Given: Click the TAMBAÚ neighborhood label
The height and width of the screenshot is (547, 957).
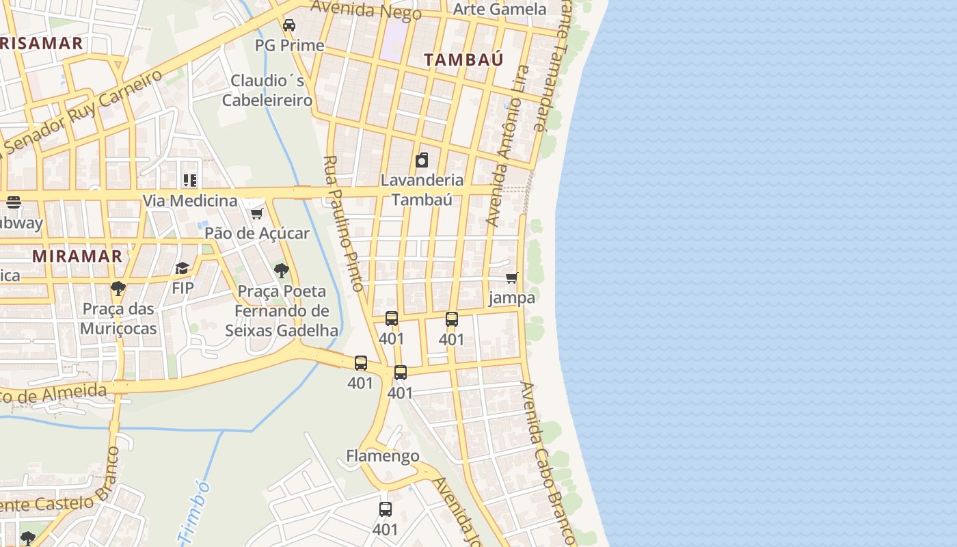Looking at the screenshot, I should [x=463, y=59].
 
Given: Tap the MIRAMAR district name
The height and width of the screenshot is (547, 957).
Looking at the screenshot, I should [x=77, y=256].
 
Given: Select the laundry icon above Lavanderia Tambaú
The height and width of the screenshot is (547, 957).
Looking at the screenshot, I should [x=422, y=160].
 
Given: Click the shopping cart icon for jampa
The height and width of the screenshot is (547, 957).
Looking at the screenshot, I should [x=511, y=278].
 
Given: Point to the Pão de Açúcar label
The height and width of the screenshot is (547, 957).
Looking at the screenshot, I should [x=257, y=233].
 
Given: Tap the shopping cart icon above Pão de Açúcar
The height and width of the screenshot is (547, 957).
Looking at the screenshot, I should [x=257, y=213].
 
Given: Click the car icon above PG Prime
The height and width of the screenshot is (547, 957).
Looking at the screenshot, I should [x=289, y=25].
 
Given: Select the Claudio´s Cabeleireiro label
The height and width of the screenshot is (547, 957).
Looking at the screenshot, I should [x=267, y=90].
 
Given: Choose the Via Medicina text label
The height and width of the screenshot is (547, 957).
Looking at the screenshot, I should [x=190, y=200].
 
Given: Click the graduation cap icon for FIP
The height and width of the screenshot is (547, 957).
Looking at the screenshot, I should [x=182, y=268].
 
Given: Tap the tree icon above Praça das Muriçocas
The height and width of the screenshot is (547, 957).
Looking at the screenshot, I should [x=118, y=288].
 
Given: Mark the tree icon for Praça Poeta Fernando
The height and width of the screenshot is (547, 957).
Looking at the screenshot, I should [x=281, y=271].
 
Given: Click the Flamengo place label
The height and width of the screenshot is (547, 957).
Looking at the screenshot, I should [x=383, y=455].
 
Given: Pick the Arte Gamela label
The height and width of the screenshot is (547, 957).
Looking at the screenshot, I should [x=500, y=9].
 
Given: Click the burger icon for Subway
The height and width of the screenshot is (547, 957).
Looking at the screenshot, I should [x=13, y=202].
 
